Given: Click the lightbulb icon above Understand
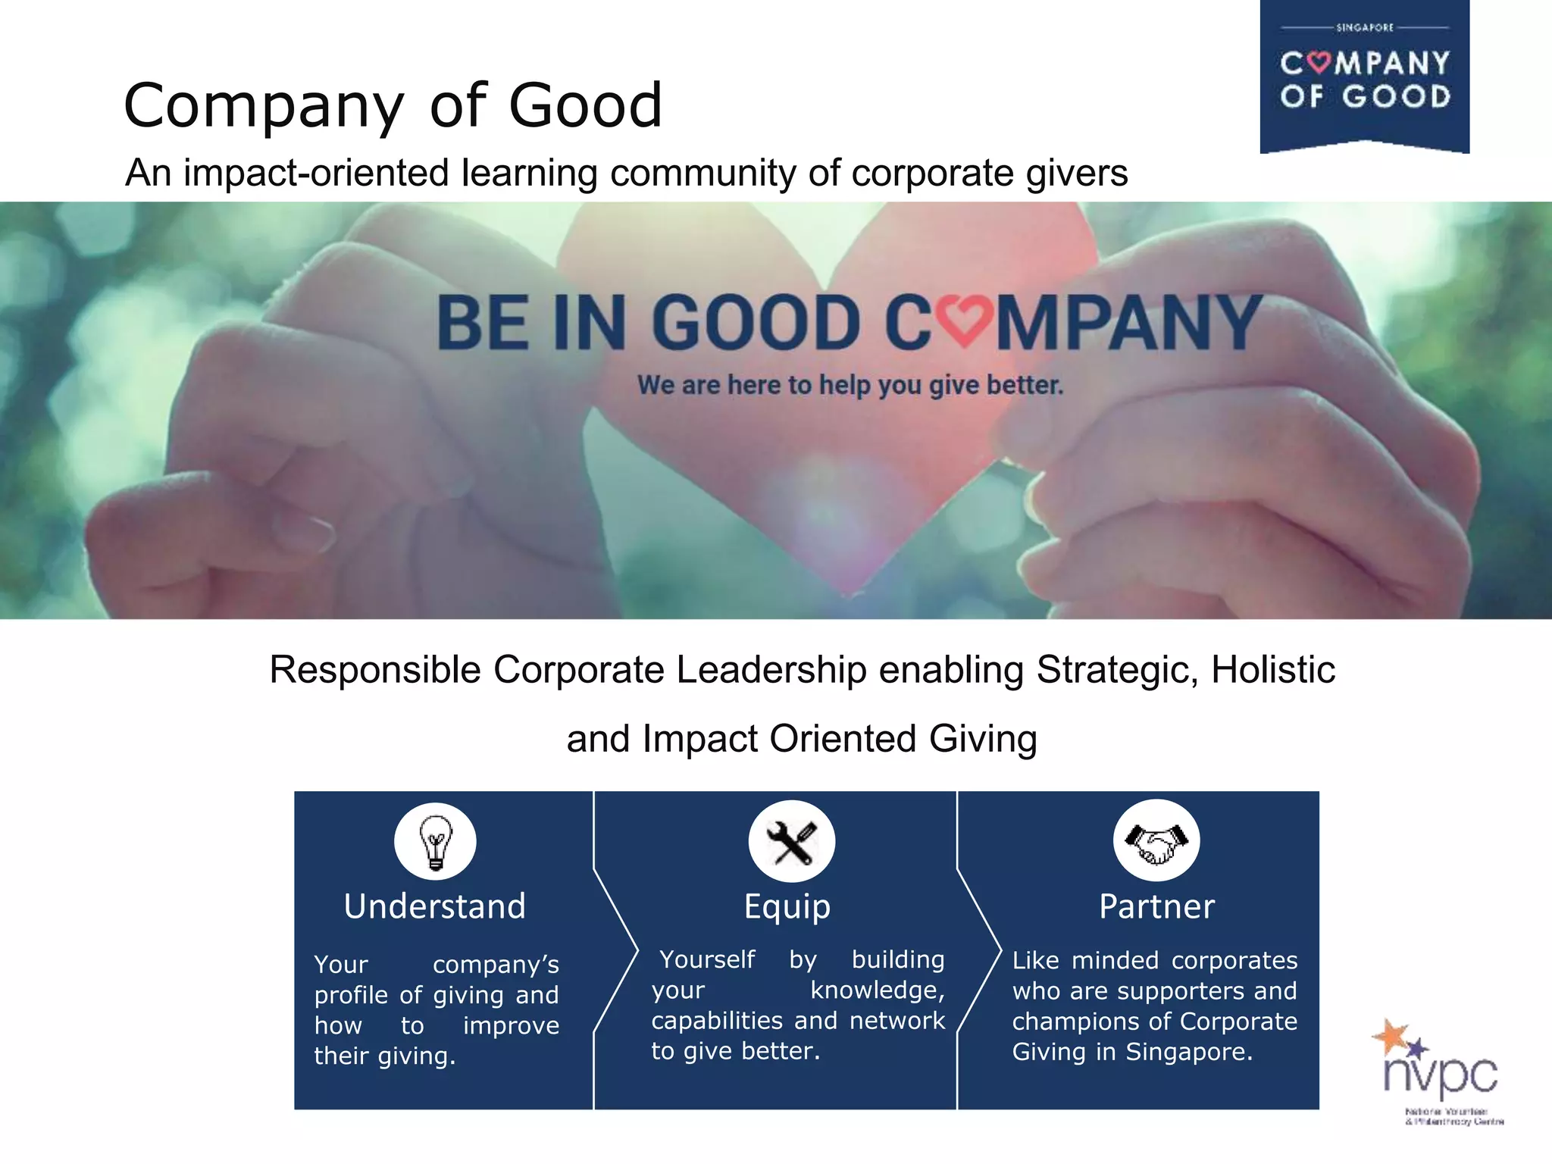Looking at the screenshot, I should [x=435, y=842].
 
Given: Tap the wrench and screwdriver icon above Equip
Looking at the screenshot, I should [x=791, y=842].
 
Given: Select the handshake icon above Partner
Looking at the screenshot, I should [x=1156, y=841].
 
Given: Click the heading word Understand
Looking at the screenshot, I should [x=434, y=906].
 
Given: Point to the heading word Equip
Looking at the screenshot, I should [x=787, y=906].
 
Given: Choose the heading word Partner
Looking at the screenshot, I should [x=1156, y=906].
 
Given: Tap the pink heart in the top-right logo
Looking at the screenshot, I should [x=1319, y=62].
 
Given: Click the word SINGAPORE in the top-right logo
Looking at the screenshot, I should [x=1365, y=28].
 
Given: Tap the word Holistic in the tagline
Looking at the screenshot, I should [x=1273, y=670].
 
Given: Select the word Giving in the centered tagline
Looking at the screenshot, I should [x=983, y=739].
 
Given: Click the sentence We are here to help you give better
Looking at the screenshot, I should [x=850, y=385].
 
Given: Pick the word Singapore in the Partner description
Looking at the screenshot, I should [x=1188, y=1052].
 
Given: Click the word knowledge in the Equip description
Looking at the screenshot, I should [x=877, y=990].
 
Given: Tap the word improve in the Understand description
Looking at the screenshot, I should [x=511, y=1026].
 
